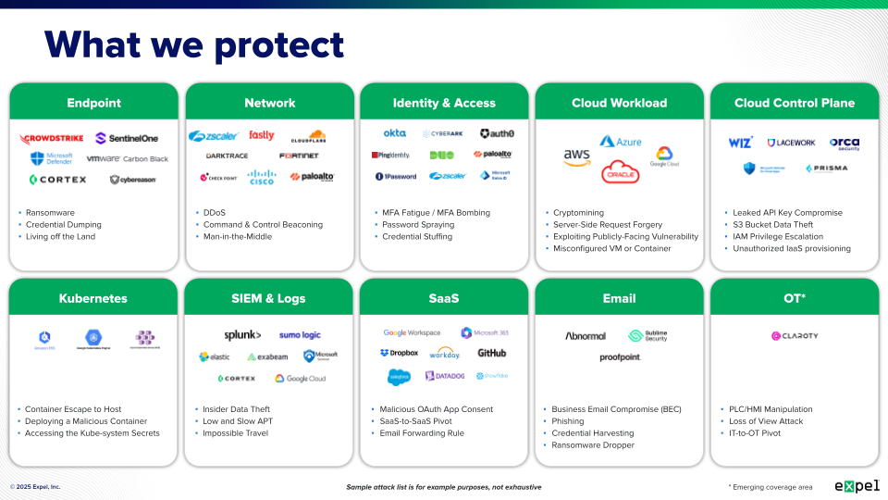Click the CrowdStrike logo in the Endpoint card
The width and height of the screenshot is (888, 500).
coord(52,139)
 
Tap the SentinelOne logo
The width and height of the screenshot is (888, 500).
coord(127,138)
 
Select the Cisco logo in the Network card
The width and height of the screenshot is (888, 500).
coord(262,177)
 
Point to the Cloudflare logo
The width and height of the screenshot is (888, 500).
coord(308,137)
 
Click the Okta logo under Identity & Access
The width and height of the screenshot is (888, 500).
coord(395,133)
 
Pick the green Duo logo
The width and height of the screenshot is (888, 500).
coord(441,156)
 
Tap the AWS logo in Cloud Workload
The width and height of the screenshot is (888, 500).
coord(576,157)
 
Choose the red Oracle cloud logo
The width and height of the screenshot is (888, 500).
coord(620,171)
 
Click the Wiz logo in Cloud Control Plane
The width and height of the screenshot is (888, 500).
coord(740,143)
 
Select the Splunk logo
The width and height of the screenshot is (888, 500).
coord(242,335)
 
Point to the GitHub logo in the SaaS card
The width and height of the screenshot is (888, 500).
coord(491,353)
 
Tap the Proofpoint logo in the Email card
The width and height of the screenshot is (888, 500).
coord(620,357)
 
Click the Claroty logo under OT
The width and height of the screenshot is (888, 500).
coord(795,336)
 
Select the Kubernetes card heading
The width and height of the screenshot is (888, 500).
coord(93,298)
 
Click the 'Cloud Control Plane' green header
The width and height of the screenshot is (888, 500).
coord(794,103)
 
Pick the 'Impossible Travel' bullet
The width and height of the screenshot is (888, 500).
coord(236,433)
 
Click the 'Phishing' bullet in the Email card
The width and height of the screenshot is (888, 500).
coord(569,421)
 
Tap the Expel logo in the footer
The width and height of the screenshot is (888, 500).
coord(857,485)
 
